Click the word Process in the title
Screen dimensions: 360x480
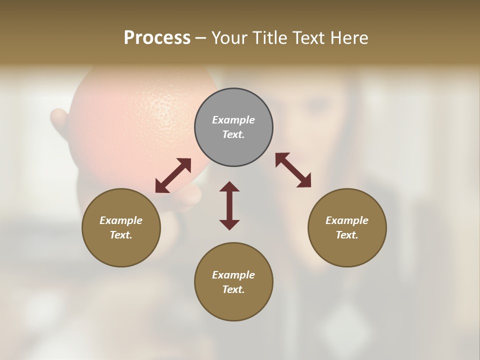157,38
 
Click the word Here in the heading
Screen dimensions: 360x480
349,38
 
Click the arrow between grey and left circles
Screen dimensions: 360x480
173,175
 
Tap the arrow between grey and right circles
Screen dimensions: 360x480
293,170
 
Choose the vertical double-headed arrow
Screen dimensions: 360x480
229,205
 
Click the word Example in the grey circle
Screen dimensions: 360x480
233,120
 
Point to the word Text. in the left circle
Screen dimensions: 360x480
121,235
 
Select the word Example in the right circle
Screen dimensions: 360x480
347,220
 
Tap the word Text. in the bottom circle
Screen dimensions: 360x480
233,289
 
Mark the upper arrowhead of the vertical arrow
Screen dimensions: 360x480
229,186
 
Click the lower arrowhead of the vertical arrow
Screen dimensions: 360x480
229,224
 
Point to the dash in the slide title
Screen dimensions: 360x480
201,38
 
